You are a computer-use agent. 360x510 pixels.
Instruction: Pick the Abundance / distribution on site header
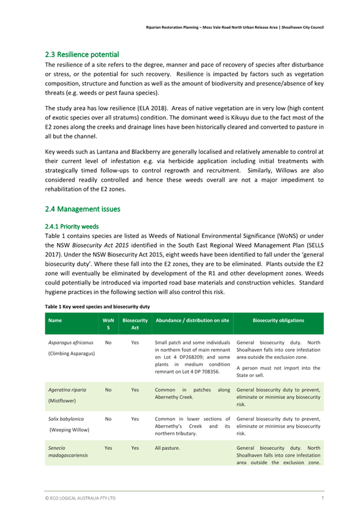[192, 321]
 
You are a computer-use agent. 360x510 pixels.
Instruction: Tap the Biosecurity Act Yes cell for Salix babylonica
[135, 419]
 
